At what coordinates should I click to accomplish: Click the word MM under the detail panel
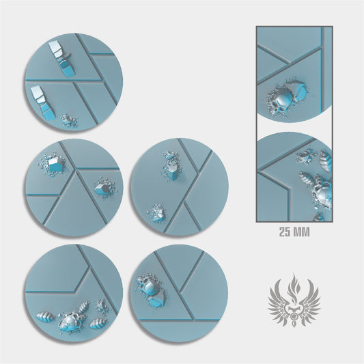302,232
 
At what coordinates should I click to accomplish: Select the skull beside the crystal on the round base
149,286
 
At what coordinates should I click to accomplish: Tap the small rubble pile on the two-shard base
69,120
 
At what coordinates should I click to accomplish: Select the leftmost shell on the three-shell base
46,317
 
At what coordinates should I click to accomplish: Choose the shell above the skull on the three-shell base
83,307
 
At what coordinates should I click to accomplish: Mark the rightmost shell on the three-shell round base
98,323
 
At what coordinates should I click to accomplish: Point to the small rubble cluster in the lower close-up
306,156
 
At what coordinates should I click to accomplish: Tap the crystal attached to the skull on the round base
156,300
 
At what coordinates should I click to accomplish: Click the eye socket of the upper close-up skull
275,109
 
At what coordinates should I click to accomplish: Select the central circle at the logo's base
294,316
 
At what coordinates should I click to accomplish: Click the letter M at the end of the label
306,232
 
